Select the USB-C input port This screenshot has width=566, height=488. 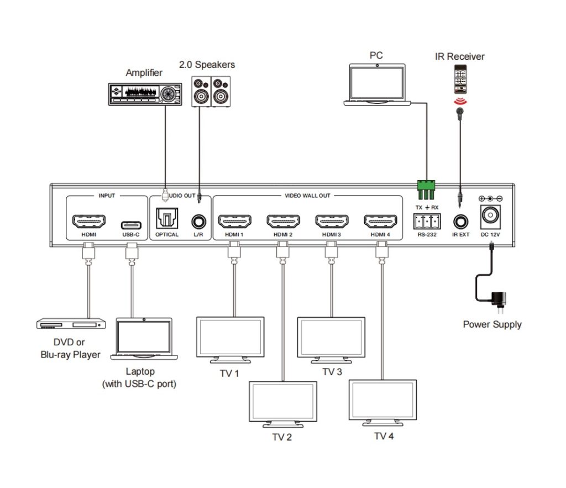(131, 224)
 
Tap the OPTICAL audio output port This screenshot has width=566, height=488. (166, 219)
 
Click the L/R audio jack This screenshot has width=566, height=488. (198, 223)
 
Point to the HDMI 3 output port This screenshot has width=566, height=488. (332, 222)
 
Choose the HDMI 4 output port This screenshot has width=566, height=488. (380, 222)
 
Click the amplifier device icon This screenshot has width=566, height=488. (144, 92)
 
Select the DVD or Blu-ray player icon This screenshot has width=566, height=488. (71, 323)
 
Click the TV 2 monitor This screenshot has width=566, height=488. (284, 403)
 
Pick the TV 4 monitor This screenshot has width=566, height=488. (382, 401)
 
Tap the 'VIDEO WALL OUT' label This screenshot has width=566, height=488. (307, 196)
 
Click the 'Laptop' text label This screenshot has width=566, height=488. (139, 372)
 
